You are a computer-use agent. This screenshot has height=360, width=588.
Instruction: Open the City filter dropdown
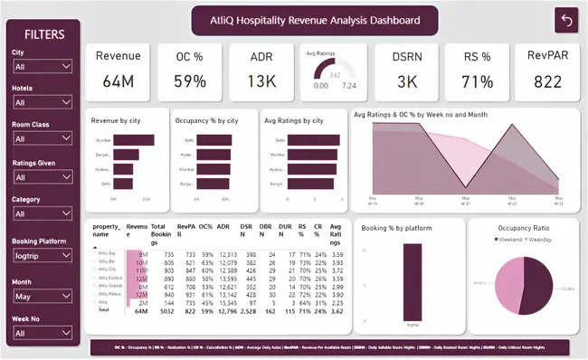(42, 66)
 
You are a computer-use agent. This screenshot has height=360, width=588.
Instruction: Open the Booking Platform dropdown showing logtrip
(42, 255)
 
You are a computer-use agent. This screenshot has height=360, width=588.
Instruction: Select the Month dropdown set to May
(42, 295)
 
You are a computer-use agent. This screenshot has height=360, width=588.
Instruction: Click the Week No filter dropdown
(42, 333)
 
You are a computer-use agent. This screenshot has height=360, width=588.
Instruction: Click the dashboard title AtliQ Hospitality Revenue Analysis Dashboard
(316, 19)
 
